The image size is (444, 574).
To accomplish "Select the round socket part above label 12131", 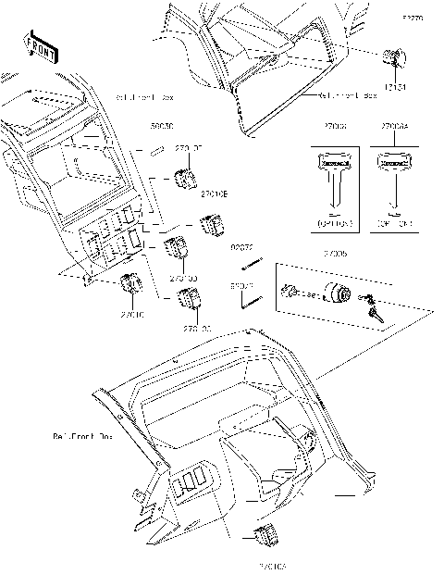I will coord(393,61).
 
